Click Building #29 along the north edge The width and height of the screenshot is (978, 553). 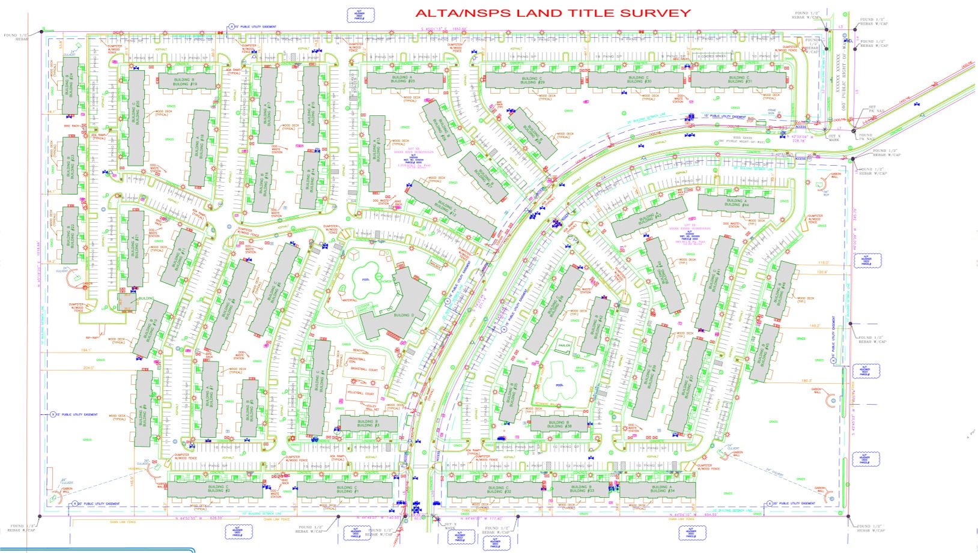click(532, 80)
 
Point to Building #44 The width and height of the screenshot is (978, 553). click(736, 203)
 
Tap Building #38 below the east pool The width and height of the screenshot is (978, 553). click(559, 424)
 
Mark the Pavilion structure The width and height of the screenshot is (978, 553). click(563, 346)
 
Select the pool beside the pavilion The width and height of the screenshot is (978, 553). click(560, 384)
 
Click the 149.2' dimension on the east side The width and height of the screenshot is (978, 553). click(815, 326)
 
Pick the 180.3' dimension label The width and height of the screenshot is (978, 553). click(807, 381)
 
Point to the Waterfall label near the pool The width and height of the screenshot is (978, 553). click(350, 300)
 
